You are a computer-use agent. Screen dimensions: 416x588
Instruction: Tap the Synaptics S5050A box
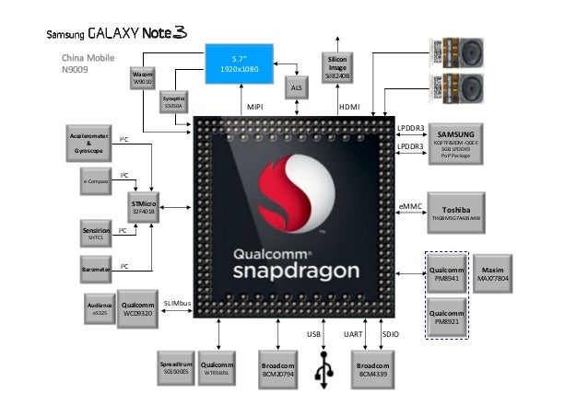pyautogui.click(x=174, y=102)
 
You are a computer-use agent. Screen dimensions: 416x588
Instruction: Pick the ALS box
pyautogui.click(x=296, y=87)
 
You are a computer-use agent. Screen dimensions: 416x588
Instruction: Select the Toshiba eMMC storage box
pyautogui.click(x=458, y=209)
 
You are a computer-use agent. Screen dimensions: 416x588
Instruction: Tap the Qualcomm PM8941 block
pyautogui.click(x=447, y=273)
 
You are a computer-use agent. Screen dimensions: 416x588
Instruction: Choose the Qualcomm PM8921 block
pyautogui.click(x=447, y=318)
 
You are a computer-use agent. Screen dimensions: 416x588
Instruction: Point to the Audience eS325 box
pyautogui.click(x=100, y=309)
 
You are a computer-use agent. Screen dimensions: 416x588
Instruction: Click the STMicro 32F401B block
pyautogui.click(x=143, y=206)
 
